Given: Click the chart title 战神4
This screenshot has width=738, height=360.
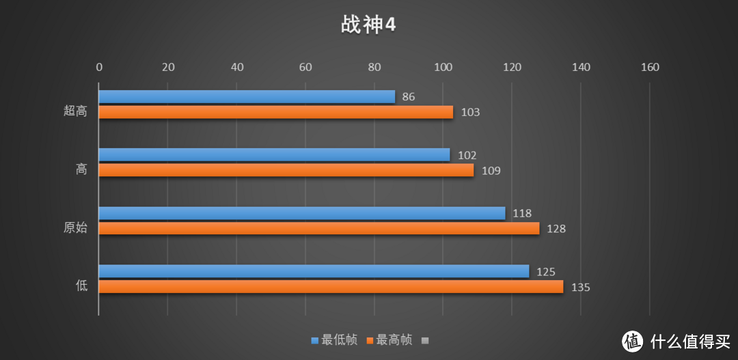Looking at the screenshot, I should tap(368, 25).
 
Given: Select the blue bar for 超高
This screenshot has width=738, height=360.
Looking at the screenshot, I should tap(247, 97).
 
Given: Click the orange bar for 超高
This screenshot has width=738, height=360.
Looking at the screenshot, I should tap(275, 112).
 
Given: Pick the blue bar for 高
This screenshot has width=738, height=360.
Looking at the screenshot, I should tap(274, 155).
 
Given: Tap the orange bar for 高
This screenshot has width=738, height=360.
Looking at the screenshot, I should tap(286, 170).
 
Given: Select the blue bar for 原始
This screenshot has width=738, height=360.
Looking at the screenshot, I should tap(301, 213).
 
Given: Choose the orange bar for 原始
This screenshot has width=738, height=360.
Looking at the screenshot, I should tap(318, 228).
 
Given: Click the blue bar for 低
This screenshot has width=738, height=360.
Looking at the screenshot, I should tap(314, 271).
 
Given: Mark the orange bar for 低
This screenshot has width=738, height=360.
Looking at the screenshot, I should tap(331, 287).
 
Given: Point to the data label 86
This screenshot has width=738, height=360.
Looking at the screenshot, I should tap(409, 97).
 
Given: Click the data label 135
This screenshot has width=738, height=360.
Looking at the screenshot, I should tap(580, 288).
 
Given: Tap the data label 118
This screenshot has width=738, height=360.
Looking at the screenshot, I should tap(522, 214).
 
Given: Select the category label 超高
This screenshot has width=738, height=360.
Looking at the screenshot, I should tap(75, 111).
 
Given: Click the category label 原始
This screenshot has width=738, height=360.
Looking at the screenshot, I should tap(75, 228).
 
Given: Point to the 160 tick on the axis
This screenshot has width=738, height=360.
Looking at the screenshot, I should tap(650, 67).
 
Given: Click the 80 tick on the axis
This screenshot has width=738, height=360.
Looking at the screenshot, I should tap(374, 67).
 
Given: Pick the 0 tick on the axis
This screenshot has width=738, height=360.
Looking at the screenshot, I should tap(99, 67).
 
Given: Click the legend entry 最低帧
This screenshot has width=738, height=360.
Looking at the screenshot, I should tap(334, 340).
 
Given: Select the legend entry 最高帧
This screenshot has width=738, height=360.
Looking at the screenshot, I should tap(389, 340).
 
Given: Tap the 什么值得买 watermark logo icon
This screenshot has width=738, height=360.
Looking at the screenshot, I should tap(633, 340).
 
